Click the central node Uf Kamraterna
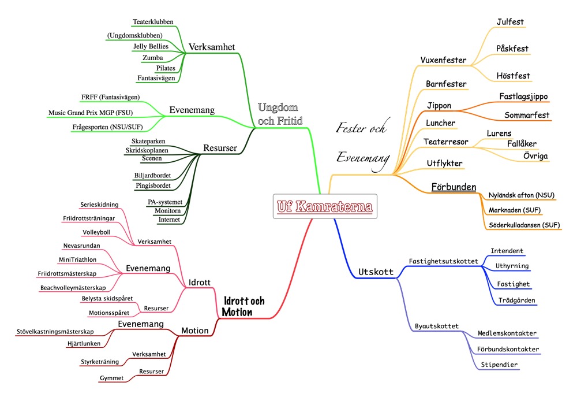click(x=325, y=206)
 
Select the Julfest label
click(x=510, y=22)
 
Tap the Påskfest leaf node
click(x=512, y=49)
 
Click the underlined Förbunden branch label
click(x=454, y=187)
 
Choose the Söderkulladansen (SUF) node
click(x=524, y=225)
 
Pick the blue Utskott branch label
click(x=376, y=272)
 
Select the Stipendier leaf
click(x=499, y=365)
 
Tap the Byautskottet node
click(x=436, y=326)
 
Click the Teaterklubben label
click(x=153, y=22)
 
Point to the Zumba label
click(x=152, y=57)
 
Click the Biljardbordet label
click(x=151, y=175)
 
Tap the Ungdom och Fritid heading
click(x=280, y=113)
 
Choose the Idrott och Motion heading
click(x=243, y=306)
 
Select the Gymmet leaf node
click(x=112, y=378)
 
